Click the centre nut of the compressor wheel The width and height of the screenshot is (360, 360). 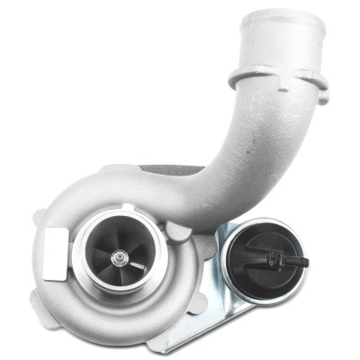tap(117, 258)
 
